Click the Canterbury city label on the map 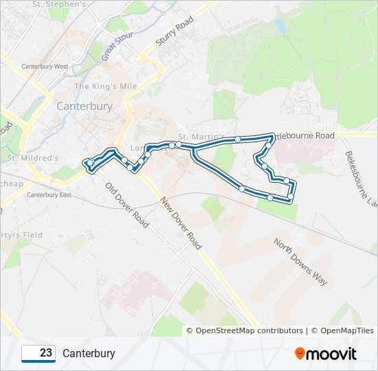pyautogui.click(x=84, y=106)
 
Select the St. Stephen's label pyautogui.click(x=60, y=4)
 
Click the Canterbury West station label pyautogui.click(x=45, y=67)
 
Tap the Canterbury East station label pyautogui.click(x=49, y=195)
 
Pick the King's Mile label pyautogui.click(x=105, y=87)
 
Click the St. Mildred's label pyautogui.click(x=33, y=158)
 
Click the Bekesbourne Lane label pyautogui.click(x=362, y=179)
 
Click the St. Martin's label pyautogui.click(x=199, y=137)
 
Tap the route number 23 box pyautogui.click(x=38, y=353)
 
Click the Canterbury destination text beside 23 pyautogui.click(x=89, y=354)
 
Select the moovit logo pyautogui.click(x=326, y=354)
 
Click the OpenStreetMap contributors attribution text pyautogui.click(x=249, y=330)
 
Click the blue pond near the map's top pyautogui.click(x=280, y=26)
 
